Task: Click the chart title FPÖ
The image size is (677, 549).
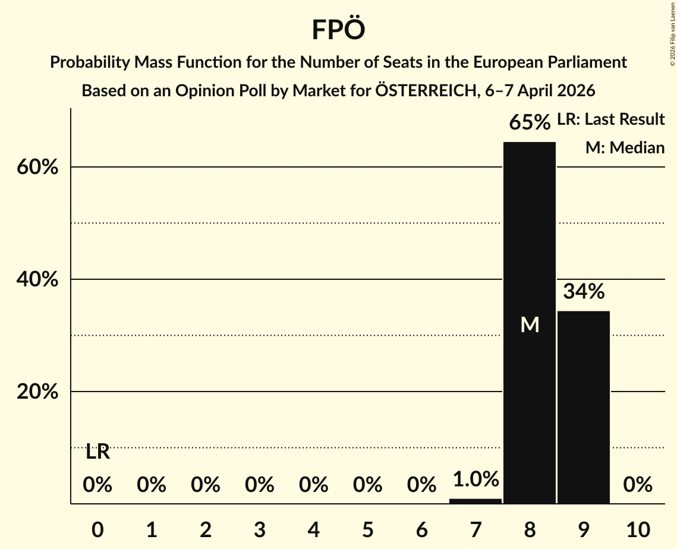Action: [338, 30]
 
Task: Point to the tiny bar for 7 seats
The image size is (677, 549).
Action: [476, 501]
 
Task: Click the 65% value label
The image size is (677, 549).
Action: [530, 123]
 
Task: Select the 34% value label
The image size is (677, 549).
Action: [584, 292]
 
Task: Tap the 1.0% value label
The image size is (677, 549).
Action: [476, 479]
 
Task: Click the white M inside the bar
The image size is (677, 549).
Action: [530, 324]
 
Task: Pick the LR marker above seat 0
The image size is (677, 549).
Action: [97, 452]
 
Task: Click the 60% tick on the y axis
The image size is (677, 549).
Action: [37, 168]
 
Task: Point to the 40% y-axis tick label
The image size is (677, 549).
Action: [37, 280]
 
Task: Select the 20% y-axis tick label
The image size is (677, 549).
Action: [37, 392]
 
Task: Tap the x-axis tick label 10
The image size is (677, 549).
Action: [637, 530]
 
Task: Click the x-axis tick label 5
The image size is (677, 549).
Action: [367, 530]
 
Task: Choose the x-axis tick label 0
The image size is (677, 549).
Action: [97, 530]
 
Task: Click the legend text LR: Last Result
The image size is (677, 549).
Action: [610, 119]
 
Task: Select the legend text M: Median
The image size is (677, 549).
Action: [625, 147]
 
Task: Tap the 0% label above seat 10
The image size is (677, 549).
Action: [638, 485]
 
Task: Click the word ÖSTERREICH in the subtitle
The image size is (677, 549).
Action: [423, 91]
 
